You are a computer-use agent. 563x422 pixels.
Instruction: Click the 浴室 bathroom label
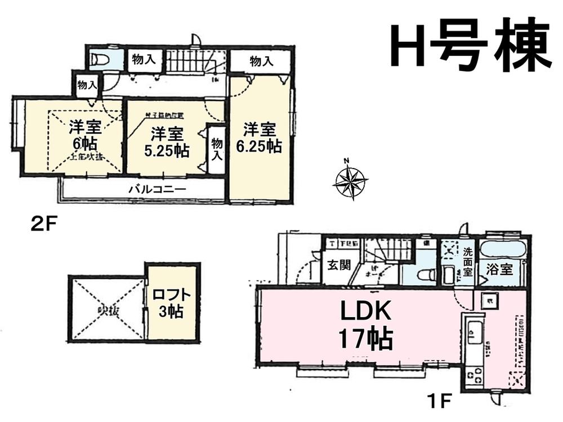click(499, 269)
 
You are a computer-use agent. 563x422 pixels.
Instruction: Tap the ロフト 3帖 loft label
click(171, 302)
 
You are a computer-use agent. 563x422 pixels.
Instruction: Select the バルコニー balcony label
click(157, 189)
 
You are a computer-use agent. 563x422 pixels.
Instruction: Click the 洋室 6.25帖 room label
click(260, 138)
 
